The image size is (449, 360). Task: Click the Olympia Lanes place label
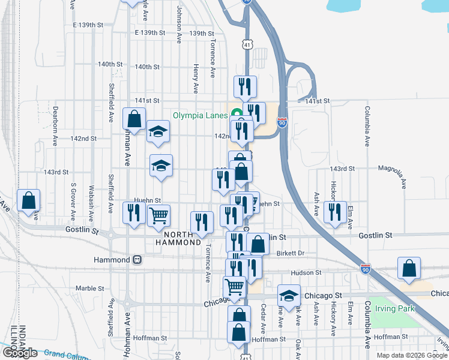pyautogui.click(x=200, y=115)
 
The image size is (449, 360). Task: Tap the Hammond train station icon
pyautogui.click(x=137, y=260)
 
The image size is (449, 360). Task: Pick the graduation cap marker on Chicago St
pyautogui.click(x=289, y=295)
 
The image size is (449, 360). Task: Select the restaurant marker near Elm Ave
pyautogui.click(x=335, y=212)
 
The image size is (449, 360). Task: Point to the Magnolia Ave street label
pyautogui.click(x=397, y=173)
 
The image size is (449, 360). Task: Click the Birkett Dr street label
pyautogui.click(x=291, y=253)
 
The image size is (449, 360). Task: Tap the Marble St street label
pyautogui.click(x=90, y=287)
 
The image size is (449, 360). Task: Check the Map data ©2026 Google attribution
pyautogui.click(x=412, y=355)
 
